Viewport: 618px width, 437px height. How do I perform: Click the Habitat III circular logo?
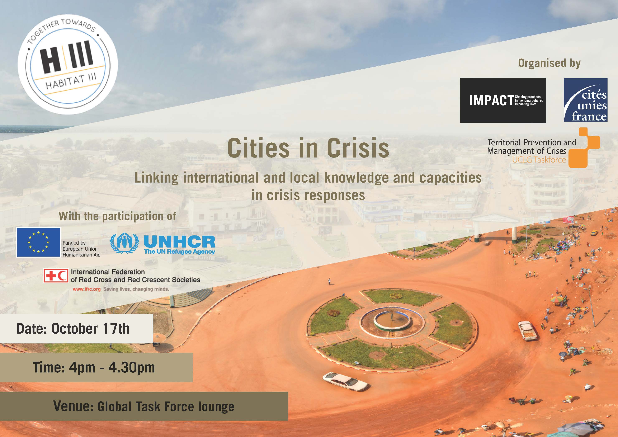[x=68, y=64]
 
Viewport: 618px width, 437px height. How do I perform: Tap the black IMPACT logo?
[x=503, y=101]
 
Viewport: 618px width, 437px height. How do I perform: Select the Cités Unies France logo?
[x=585, y=100]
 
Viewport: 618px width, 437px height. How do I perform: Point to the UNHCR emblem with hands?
[x=125, y=243]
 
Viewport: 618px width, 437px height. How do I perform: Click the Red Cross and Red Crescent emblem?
[x=56, y=276]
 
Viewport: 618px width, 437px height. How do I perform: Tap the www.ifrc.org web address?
[x=86, y=289]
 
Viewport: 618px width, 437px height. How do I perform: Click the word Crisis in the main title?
[x=358, y=148]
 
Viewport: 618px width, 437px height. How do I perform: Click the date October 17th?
[x=90, y=329]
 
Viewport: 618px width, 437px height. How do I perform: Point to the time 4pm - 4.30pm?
[x=112, y=367]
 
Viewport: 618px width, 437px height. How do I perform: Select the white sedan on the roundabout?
[x=345, y=381]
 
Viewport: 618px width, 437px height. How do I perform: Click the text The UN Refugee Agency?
[x=180, y=252]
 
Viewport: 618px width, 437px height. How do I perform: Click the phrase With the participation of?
[x=117, y=216]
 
